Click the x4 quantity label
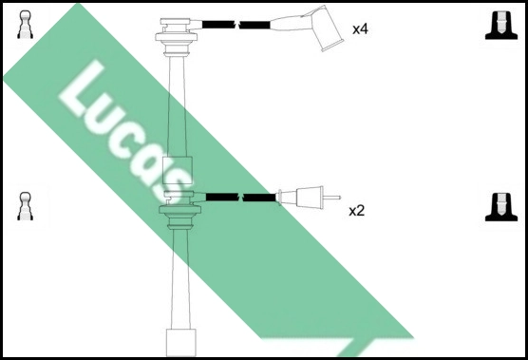(x=360, y=29)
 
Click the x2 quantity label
(x=356, y=210)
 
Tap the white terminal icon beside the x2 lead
(x=26, y=206)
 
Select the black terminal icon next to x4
(x=500, y=26)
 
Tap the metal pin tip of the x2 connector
(x=333, y=198)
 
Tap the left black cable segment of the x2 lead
(x=223, y=198)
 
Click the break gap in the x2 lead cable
(x=243, y=198)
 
